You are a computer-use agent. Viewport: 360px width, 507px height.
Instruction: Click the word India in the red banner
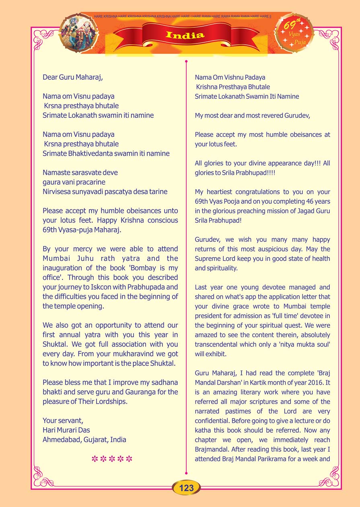coord(185,35)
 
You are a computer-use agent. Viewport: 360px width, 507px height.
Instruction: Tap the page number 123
coord(186,488)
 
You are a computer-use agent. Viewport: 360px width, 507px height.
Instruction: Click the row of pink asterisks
coord(112,459)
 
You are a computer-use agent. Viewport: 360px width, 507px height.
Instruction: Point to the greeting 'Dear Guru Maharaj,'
coord(72,77)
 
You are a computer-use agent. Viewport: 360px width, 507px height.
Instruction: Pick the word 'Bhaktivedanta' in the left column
coord(102,153)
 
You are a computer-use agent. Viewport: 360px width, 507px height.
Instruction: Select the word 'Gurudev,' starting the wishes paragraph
coord(209,239)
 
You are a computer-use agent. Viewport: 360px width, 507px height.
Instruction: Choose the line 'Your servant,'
coord(63,420)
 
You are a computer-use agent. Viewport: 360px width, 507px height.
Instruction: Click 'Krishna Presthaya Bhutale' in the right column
coord(232,87)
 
